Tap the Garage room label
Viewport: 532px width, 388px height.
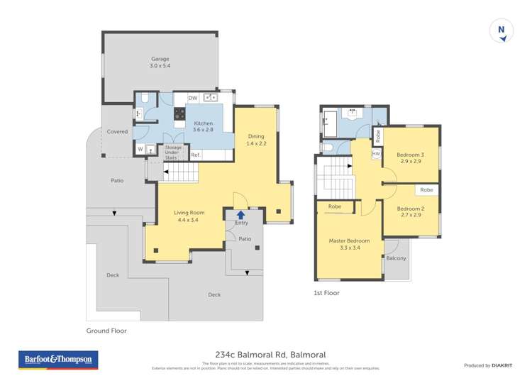point(160,62)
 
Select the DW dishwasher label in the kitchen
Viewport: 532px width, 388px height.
point(192,98)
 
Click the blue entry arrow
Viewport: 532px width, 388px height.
point(241,214)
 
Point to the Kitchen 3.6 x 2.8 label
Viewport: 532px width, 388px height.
point(204,126)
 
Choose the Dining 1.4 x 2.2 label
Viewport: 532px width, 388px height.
point(255,140)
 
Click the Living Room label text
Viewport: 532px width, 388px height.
point(189,216)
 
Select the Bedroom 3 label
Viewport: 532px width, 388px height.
point(410,157)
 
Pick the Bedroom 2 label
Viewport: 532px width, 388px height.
point(410,211)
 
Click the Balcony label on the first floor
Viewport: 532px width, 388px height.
point(396,258)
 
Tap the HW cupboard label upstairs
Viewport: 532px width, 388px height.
point(376,153)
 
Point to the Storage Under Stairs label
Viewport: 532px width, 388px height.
point(173,153)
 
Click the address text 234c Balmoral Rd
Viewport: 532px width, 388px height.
point(266,355)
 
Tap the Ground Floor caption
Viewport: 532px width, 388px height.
point(106,331)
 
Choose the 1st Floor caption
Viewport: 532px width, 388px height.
point(326,292)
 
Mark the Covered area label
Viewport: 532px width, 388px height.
point(117,132)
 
